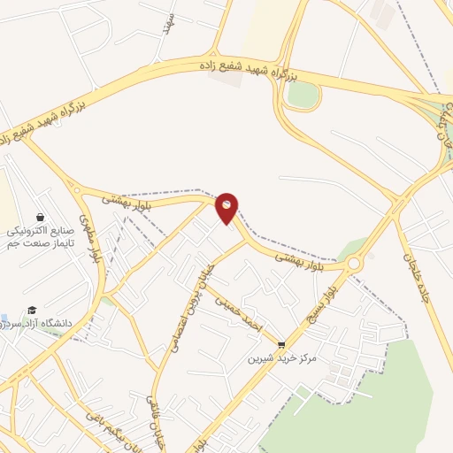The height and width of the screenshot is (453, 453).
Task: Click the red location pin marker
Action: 227,207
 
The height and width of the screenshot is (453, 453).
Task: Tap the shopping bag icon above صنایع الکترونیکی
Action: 41,217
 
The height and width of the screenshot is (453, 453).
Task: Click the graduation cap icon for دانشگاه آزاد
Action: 33,310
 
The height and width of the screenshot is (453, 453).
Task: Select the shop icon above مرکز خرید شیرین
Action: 281,345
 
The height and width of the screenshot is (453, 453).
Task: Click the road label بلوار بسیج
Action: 329,297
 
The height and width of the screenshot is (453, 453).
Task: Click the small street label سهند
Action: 167,24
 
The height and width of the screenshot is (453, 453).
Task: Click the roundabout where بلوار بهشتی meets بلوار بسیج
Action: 355,264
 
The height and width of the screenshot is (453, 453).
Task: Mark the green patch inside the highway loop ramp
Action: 303,96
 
